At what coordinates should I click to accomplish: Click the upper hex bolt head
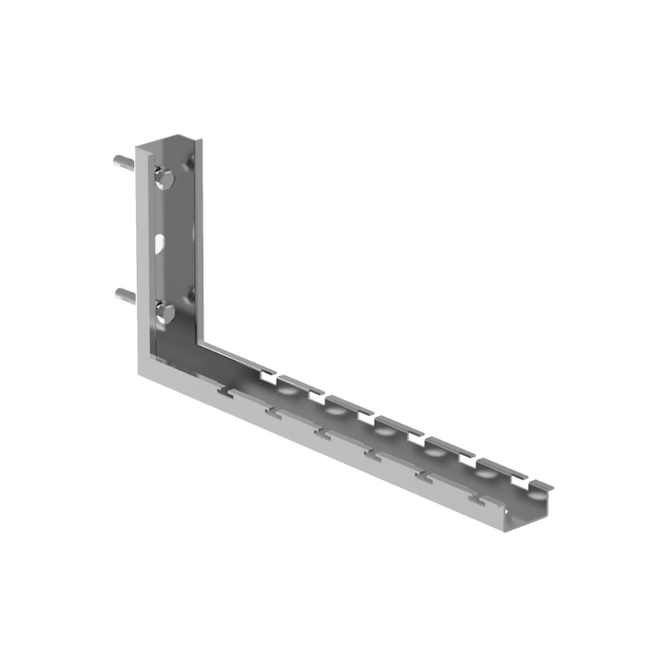[x=164, y=177]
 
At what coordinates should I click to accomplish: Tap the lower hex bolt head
[x=164, y=313]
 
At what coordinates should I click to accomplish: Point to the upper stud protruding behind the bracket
[x=122, y=161]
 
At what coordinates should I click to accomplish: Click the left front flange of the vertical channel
[x=142, y=250]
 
